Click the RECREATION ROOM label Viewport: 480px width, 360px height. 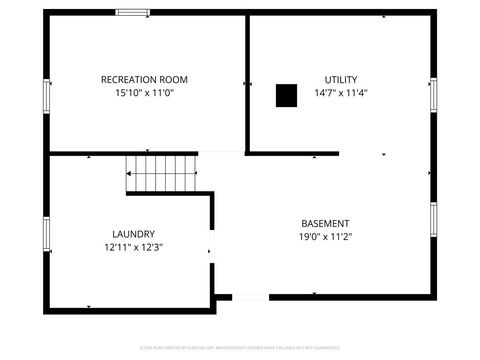144,79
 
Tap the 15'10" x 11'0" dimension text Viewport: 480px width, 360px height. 144,93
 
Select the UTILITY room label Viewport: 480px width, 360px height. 341,79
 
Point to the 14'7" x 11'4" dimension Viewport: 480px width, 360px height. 341,93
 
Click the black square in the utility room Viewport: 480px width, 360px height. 287,95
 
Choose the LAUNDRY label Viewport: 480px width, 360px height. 133,233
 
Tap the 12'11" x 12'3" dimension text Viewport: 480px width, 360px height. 133,247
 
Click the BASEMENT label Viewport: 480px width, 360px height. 326,222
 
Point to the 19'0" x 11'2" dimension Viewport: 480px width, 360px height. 326,237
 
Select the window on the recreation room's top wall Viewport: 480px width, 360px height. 133,13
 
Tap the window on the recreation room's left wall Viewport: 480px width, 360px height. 46,95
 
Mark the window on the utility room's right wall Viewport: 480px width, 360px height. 433,96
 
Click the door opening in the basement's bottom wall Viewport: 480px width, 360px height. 250,297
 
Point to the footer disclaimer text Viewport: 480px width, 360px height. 240,348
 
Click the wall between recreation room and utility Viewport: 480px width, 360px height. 246,85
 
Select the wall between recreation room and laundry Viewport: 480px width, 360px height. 90,154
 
